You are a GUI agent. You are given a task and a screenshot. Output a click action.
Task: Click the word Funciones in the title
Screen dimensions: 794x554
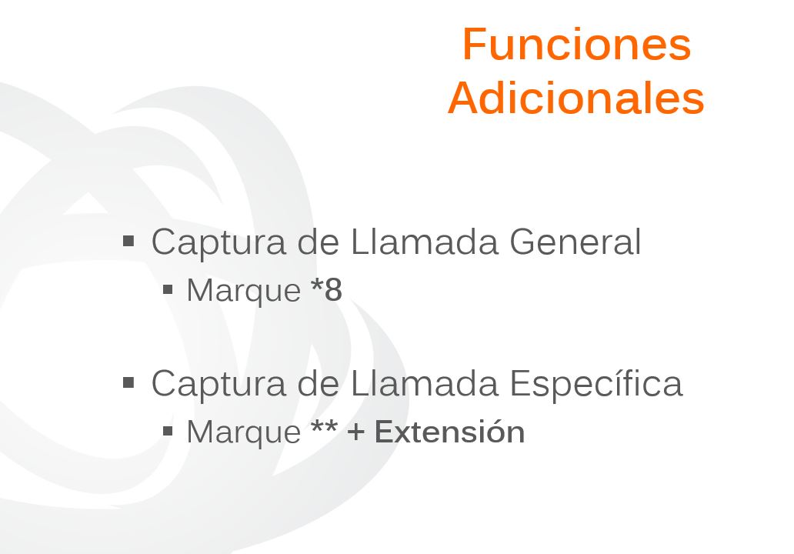[576, 45]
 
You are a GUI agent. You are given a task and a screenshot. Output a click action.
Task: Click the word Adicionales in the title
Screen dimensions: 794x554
[576, 98]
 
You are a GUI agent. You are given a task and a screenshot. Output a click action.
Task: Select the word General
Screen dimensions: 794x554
[575, 242]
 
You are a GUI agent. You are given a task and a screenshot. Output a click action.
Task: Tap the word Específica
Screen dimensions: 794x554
[596, 383]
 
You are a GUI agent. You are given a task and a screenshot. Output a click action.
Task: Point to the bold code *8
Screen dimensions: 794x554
[327, 289]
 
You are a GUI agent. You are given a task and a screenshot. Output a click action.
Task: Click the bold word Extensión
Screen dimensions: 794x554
[449, 432]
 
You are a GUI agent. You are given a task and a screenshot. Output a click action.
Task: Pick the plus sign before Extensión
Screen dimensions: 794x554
[356, 433]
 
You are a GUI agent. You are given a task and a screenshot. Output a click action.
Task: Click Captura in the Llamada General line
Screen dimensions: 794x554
[219, 243]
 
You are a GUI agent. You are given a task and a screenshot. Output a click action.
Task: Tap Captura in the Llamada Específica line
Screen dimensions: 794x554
[219, 385]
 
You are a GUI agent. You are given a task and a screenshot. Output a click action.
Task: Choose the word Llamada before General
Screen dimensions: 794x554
[425, 242]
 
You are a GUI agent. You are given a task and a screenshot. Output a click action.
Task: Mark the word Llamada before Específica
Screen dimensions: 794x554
[425, 383]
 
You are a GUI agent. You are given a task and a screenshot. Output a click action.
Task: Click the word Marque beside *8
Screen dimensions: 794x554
[244, 291]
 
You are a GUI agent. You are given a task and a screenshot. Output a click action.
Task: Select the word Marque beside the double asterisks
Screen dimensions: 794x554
[244, 433]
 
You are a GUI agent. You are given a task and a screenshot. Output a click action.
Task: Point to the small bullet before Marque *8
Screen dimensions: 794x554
[168, 289]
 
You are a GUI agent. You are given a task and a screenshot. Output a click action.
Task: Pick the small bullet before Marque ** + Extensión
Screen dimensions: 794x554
[168, 431]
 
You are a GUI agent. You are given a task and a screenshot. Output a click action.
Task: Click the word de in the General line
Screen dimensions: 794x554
[318, 242]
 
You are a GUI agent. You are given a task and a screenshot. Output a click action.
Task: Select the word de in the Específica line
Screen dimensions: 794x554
[318, 383]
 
